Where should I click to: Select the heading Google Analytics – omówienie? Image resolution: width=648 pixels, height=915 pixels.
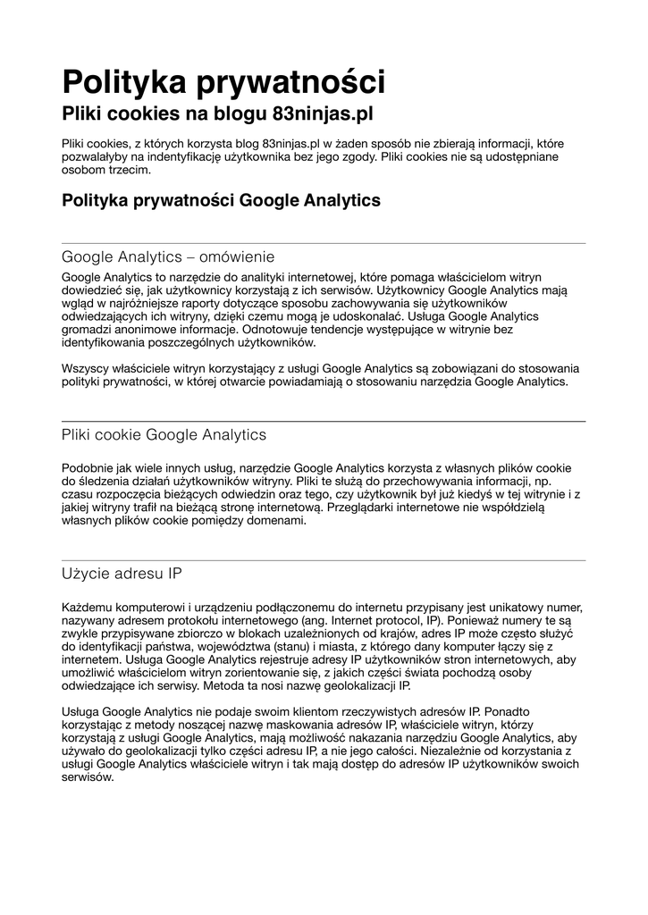pyautogui.click(x=168, y=257)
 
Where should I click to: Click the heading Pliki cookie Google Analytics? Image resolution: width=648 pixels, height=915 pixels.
pyautogui.click(x=164, y=435)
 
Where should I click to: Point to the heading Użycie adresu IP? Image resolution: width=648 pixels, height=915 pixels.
pyautogui.click(x=122, y=574)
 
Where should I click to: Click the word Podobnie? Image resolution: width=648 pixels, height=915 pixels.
pyautogui.click(x=87, y=467)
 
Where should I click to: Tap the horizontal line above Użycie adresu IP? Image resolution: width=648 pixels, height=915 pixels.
pyautogui.click(x=324, y=560)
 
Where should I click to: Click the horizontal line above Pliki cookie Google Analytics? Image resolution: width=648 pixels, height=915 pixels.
pyautogui.click(x=324, y=421)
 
